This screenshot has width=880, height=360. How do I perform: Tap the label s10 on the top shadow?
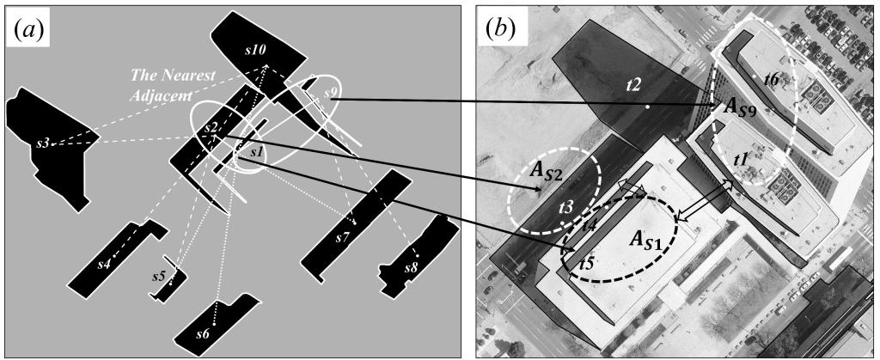[254, 51]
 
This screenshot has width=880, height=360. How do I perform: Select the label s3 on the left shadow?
[42, 142]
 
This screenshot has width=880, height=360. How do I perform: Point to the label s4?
[105, 263]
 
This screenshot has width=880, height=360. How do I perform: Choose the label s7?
[343, 236]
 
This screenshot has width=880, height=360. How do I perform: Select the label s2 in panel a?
[211, 128]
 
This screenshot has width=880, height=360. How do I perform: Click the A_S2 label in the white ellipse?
[547, 174]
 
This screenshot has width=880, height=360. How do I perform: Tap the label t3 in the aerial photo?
[565, 207]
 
